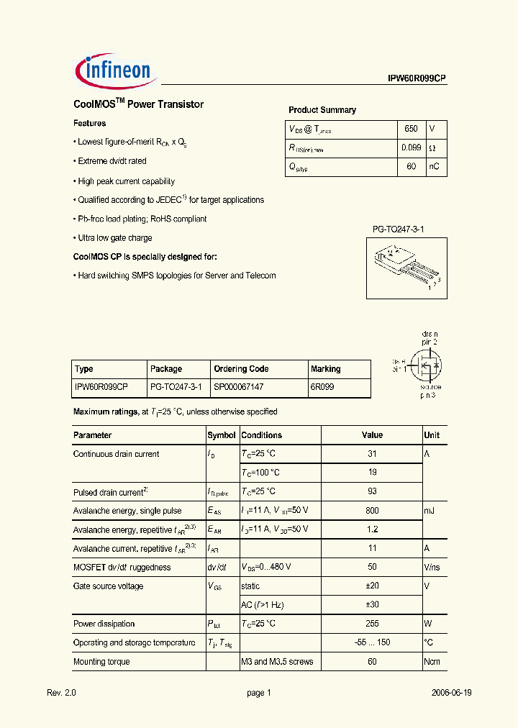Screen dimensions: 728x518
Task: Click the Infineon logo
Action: tap(113, 70)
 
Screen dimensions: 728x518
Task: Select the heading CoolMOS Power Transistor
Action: tap(138, 104)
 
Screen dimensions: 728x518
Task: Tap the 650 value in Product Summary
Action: tap(411, 129)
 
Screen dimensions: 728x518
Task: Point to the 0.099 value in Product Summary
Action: tap(411, 147)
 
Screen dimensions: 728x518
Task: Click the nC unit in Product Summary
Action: tap(434, 167)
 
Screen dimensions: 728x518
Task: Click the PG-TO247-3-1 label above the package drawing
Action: tap(399, 229)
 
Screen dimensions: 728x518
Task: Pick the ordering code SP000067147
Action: tap(239, 387)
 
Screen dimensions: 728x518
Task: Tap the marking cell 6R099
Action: tap(322, 387)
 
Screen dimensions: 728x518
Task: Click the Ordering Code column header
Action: tap(241, 369)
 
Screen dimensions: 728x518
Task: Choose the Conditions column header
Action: tap(261, 435)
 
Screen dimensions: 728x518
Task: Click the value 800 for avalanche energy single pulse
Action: tap(372, 511)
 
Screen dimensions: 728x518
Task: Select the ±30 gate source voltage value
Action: tap(372, 605)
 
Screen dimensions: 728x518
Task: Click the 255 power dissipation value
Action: tap(372, 624)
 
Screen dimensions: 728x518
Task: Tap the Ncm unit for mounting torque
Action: tap(432, 662)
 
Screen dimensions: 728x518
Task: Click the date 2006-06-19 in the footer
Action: tap(452, 693)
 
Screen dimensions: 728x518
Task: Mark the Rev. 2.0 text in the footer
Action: tap(61, 693)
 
